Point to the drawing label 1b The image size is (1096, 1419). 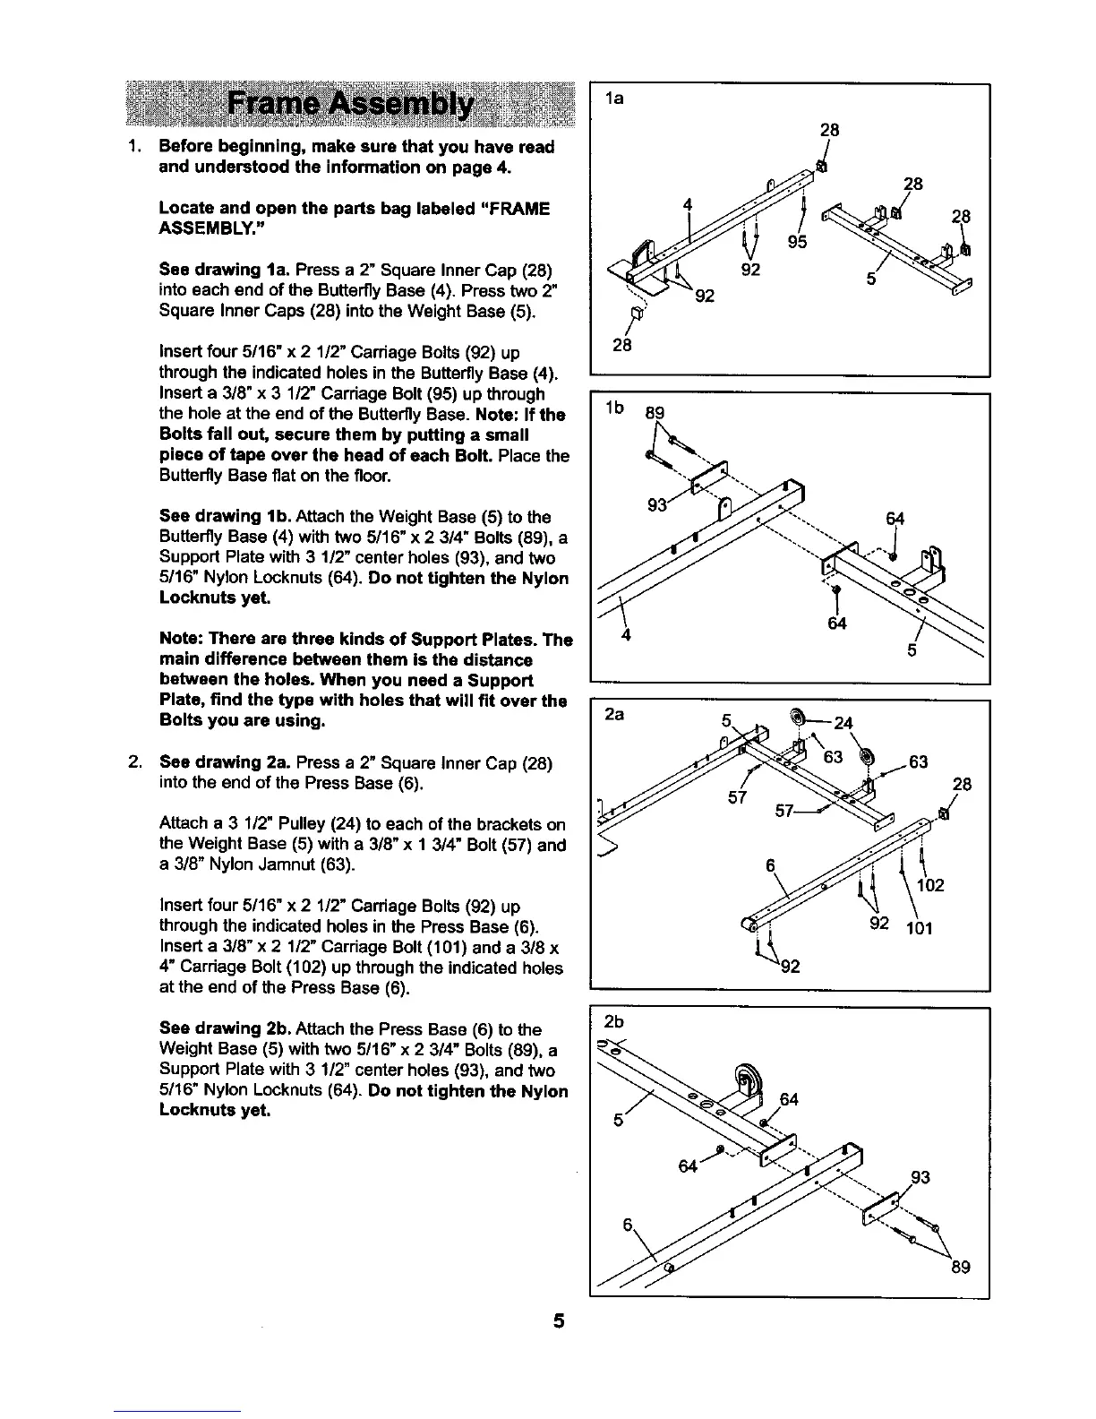click(x=614, y=408)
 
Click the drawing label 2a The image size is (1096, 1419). click(x=614, y=717)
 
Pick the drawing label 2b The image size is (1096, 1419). click(x=614, y=1022)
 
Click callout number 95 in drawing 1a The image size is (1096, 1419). click(x=798, y=242)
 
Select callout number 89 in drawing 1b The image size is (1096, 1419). click(x=655, y=413)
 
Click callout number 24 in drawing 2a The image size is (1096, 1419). click(x=843, y=724)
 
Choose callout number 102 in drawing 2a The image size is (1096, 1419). click(x=931, y=886)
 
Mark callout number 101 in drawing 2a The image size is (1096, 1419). click(x=919, y=928)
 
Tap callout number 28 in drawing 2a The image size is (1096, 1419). click(x=963, y=785)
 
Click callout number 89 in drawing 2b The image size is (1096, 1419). click(x=960, y=1268)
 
